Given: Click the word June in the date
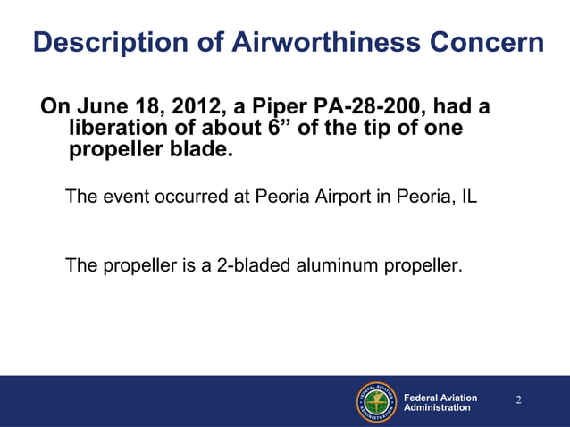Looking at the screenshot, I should tap(104, 107).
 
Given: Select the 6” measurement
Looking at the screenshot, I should tap(281, 129).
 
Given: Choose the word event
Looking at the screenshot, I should tap(120, 197).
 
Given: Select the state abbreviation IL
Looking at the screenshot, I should tap(469, 197).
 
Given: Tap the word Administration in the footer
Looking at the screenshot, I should tap(437, 407).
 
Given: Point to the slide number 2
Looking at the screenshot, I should tap(518, 398).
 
